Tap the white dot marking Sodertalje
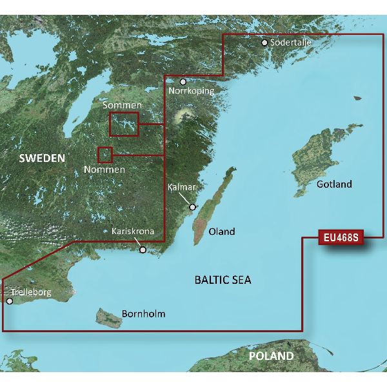(264, 43)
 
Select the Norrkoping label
(190, 92)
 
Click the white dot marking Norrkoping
(183, 82)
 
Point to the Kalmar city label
(181, 186)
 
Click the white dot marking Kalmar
(192, 207)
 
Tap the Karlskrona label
(133, 231)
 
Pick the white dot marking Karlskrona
(143, 250)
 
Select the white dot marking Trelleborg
(9, 301)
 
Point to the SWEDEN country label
(42, 158)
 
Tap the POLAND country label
(272, 356)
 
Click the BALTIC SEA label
(223, 280)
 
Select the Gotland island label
(335, 184)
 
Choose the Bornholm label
(143, 314)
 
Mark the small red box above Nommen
(104, 154)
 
